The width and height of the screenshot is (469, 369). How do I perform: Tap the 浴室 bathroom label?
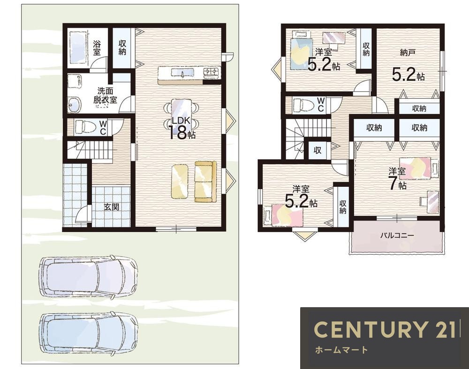pyautogui.click(x=97, y=48)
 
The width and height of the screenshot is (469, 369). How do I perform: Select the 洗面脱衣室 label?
pyautogui.click(x=105, y=96)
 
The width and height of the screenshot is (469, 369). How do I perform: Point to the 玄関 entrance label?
pyautogui.click(x=112, y=207)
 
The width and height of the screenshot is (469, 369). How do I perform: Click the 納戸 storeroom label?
pyautogui.click(x=408, y=52)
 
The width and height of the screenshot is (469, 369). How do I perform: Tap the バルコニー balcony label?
pyautogui.click(x=397, y=235)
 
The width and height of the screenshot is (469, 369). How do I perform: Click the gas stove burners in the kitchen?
pyautogui.click(x=212, y=72)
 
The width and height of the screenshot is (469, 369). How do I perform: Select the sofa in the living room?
pyautogui.click(x=205, y=182)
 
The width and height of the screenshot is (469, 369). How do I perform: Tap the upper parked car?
pyautogui.click(x=89, y=277)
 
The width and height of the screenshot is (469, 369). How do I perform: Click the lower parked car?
pyautogui.click(x=89, y=334)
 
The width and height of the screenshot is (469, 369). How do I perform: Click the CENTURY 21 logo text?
pyautogui.click(x=384, y=329)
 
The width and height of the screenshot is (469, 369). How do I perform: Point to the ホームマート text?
pyautogui.click(x=341, y=350)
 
